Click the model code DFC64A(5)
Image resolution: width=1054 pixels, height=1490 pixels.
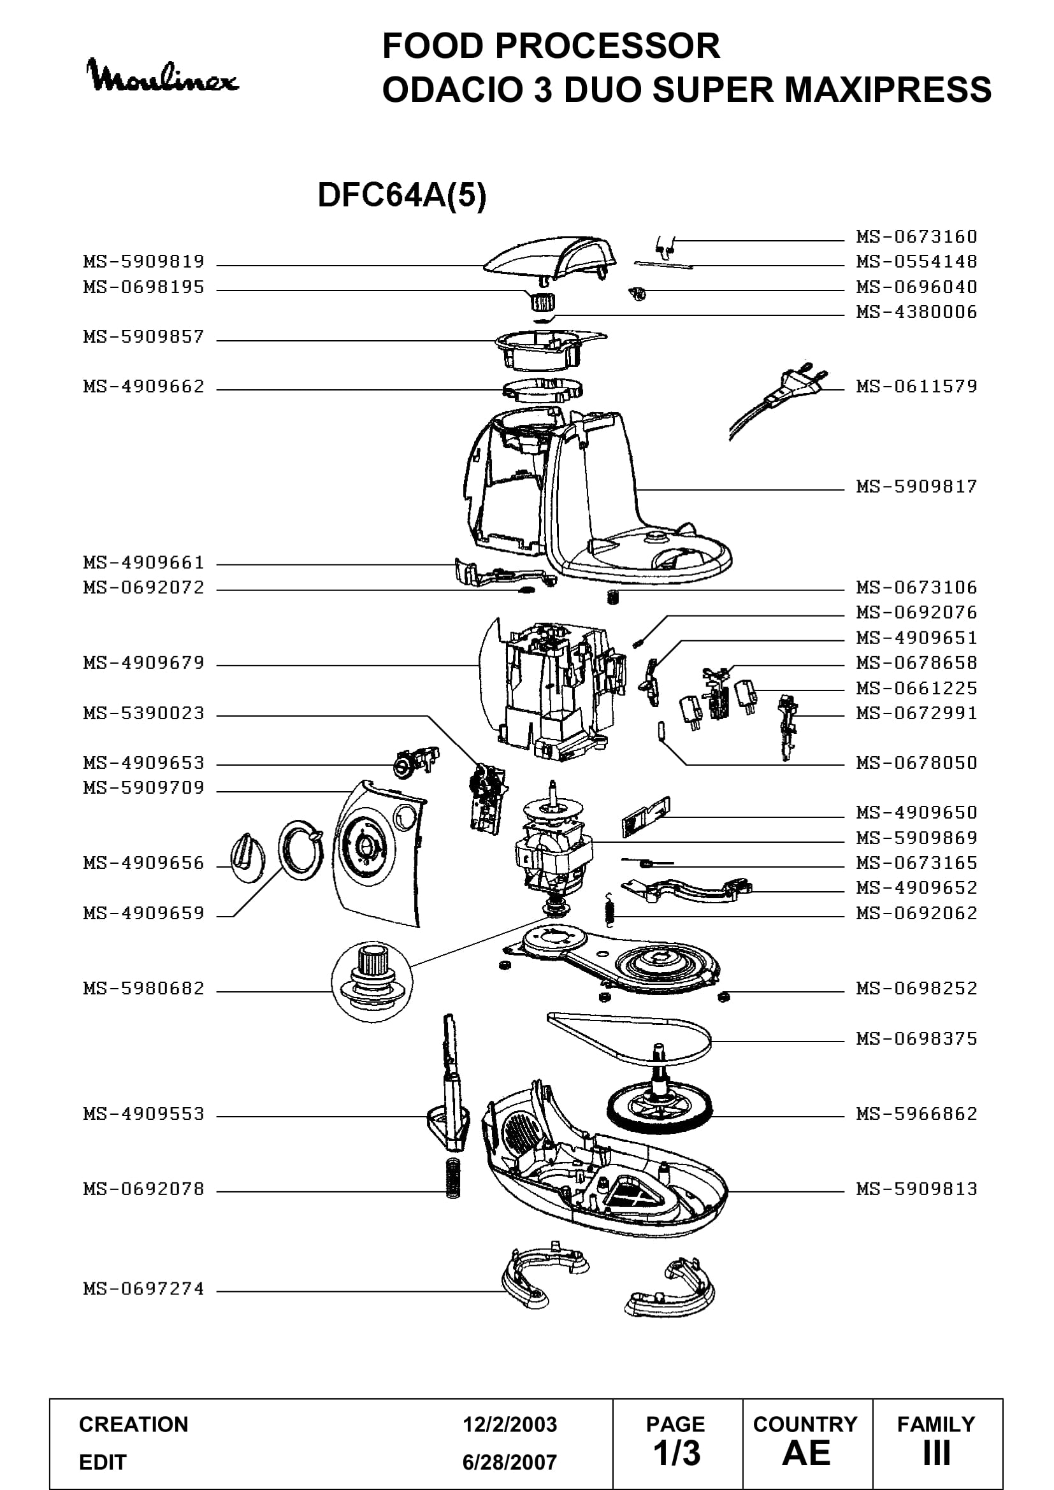(x=401, y=195)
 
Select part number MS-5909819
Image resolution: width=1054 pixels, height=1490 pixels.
(x=144, y=262)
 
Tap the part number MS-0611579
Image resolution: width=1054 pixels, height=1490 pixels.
(x=916, y=387)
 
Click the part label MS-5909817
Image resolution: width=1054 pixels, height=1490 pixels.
(x=916, y=487)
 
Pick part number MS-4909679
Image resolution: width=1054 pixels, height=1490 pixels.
(x=144, y=663)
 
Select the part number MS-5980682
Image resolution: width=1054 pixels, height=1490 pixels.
(x=144, y=989)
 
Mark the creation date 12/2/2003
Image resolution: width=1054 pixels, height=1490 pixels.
(x=510, y=1424)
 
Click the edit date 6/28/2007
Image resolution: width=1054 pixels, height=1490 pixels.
(x=510, y=1463)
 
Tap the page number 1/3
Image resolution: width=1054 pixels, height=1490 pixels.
(x=677, y=1453)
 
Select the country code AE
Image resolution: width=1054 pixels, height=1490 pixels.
(x=806, y=1453)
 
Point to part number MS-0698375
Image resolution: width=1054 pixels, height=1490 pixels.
(x=916, y=1039)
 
